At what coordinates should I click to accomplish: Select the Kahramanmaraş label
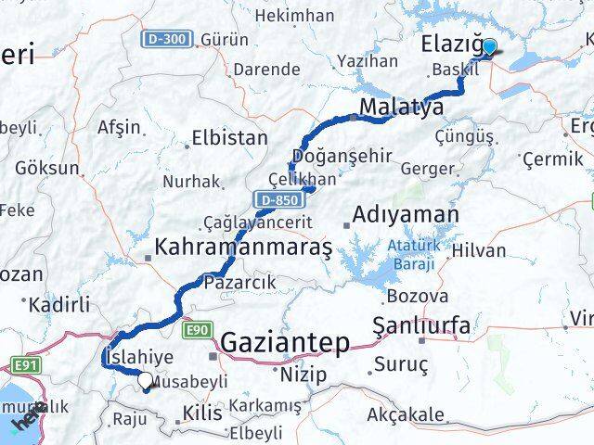point(244,248)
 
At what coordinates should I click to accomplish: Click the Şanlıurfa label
point(420,325)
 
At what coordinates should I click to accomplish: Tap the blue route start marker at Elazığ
point(489,48)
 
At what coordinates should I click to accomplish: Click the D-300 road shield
point(168,40)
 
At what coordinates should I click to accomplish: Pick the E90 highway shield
point(197,329)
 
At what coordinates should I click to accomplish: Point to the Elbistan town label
point(229,138)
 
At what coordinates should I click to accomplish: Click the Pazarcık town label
point(237,281)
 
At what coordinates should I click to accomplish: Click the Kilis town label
point(203,413)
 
